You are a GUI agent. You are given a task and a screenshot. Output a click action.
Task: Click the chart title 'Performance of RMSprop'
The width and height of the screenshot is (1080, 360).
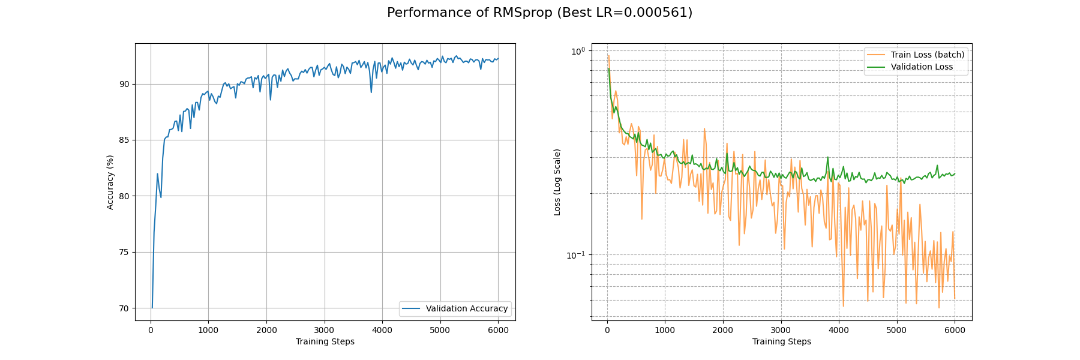pyautogui.click(x=539, y=13)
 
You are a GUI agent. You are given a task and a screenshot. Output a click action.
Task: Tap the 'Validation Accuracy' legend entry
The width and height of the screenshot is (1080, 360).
pyautogui.click(x=466, y=308)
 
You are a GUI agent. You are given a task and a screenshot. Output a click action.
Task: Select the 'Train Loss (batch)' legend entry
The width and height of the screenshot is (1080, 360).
pyautogui.click(x=927, y=55)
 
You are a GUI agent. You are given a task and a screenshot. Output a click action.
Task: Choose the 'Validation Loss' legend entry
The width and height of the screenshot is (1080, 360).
pyautogui.click(x=921, y=67)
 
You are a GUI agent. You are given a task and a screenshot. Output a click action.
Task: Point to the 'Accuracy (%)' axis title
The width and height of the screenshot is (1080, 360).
pyautogui.click(x=110, y=182)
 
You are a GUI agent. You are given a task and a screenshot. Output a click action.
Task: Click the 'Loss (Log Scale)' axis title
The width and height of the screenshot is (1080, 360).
pyautogui.click(x=557, y=182)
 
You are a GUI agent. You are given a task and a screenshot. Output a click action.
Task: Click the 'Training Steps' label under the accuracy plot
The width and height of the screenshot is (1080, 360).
pyautogui.click(x=325, y=341)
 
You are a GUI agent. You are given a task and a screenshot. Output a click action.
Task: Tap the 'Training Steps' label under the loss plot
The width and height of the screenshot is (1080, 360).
pyautogui.click(x=781, y=341)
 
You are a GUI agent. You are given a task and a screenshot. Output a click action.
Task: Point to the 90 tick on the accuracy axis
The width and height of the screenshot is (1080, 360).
pyautogui.click(x=124, y=84)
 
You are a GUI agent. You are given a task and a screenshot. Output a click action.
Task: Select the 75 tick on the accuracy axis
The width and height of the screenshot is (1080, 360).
pyautogui.click(x=124, y=252)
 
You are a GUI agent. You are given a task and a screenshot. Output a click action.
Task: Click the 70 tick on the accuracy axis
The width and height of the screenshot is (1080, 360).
pyautogui.click(x=124, y=308)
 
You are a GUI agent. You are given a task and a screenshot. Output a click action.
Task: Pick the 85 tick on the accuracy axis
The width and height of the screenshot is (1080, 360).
pyautogui.click(x=124, y=140)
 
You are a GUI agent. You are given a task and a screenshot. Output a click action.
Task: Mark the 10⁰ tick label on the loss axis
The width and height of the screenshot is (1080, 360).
pyautogui.click(x=577, y=52)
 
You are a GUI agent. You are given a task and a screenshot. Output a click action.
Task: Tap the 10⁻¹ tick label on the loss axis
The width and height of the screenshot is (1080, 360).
pyautogui.click(x=576, y=255)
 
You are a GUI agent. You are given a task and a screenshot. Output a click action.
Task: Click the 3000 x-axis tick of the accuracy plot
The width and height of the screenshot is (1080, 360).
pyautogui.click(x=324, y=330)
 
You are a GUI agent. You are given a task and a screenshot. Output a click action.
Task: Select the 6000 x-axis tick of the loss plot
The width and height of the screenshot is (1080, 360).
pyautogui.click(x=955, y=330)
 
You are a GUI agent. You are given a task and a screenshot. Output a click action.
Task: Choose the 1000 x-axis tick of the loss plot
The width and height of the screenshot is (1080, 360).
pyautogui.click(x=665, y=330)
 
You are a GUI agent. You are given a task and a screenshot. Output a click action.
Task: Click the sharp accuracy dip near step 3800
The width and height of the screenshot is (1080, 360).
pyautogui.click(x=371, y=92)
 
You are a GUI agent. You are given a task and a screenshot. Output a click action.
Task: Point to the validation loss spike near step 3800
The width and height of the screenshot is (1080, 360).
pyautogui.click(x=828, y=158)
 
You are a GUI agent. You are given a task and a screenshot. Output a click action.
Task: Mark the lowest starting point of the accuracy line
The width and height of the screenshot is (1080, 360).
pyautogui.click(x=152, y=308)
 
